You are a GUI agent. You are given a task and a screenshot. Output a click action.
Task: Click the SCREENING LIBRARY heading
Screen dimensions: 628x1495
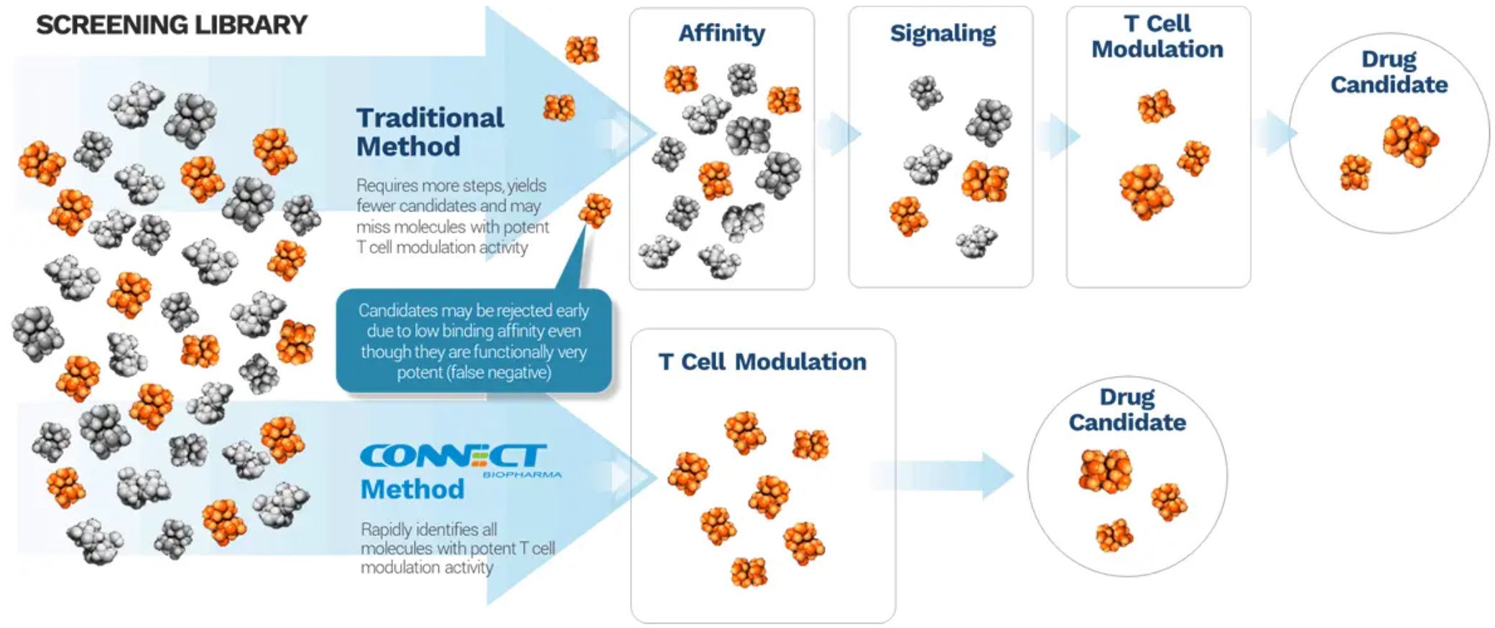click(172, 25)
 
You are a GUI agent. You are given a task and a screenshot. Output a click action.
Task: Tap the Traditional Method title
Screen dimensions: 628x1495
click(430, 132)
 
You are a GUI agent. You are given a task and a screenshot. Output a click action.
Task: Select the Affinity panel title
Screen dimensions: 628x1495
click(721, 33)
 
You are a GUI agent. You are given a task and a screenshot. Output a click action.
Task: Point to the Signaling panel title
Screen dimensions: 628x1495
click(942, 33)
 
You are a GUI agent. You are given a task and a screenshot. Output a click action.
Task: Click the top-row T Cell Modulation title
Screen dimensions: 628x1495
click(1157, 37)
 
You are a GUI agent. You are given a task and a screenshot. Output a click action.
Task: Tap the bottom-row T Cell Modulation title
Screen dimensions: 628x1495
click(762, 362)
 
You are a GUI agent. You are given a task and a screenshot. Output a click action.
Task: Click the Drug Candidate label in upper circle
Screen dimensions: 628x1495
click(1388, 72)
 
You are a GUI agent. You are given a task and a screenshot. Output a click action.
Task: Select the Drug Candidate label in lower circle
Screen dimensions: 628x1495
click(1126, 410)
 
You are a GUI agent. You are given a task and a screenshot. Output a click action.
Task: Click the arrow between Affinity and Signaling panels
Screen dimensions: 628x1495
click(838, 133)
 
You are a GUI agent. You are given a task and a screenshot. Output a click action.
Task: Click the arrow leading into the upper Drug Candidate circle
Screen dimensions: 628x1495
click(1274, 133)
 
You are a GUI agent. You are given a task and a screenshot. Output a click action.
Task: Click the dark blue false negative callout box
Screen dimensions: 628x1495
click(473, 341)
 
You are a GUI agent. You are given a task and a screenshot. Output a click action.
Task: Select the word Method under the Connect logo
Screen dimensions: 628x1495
click(412, 489)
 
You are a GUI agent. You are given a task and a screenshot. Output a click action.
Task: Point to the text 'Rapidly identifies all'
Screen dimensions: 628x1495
click(429, 530)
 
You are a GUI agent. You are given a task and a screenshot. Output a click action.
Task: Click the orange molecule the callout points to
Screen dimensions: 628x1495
click(595, 210)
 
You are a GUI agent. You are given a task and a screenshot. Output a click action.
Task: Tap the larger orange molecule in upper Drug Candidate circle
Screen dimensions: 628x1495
click(1410, 140)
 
